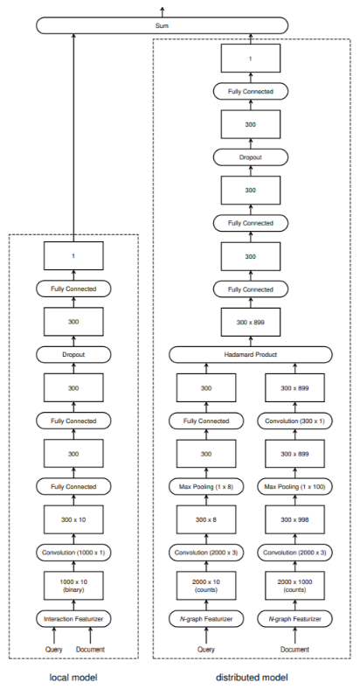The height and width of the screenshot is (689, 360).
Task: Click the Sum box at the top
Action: coord(162,25)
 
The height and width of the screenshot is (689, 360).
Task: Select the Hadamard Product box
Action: coord(250,355)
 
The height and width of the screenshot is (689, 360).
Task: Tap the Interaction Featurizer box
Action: coord(73,619)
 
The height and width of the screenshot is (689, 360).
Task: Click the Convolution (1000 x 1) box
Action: coord(73,553)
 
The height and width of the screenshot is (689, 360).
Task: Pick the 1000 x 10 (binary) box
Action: coord(73,586)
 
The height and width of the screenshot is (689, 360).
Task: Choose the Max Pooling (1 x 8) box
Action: coord(206,486)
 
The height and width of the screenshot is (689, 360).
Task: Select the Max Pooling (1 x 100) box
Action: coord(294,486)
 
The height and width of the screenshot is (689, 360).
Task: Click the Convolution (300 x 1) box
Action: coord(294,421)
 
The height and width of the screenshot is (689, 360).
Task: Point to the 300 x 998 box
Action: coord(294,519)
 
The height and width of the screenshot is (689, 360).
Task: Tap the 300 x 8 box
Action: coord(206,519)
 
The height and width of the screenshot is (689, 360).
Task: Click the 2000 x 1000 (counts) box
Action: coord(294,586)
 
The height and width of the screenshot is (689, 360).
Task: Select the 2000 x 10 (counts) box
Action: coord(206,586)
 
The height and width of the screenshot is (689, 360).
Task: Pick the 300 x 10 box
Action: coord(73,519)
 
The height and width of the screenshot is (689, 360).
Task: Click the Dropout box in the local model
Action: coord(73,355)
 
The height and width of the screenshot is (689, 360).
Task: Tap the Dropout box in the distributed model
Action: coord(250,157)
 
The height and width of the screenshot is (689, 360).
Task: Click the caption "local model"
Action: coord(73,677)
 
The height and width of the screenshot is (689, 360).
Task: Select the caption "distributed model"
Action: coord(252,677)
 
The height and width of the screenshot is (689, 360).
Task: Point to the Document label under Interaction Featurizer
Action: coord(91,650)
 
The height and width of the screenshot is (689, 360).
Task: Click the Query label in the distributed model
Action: coord(206,650)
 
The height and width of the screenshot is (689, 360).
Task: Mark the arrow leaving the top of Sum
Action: coord(163,12)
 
